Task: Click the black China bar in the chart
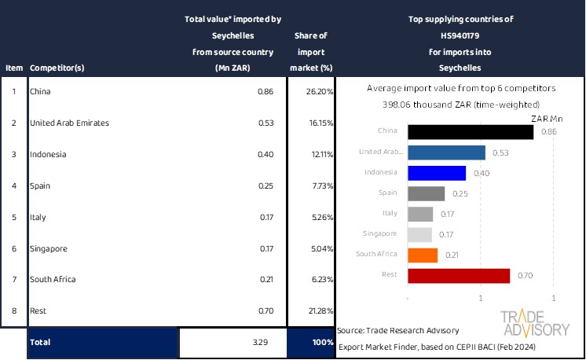(x=471, y=131)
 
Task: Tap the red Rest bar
(x=459, y=275)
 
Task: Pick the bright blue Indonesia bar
(x=437, y=172)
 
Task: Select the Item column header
(x=14, y=68)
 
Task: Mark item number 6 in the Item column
(x=13, y=248)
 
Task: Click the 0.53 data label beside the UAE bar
(x=496, y=152)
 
